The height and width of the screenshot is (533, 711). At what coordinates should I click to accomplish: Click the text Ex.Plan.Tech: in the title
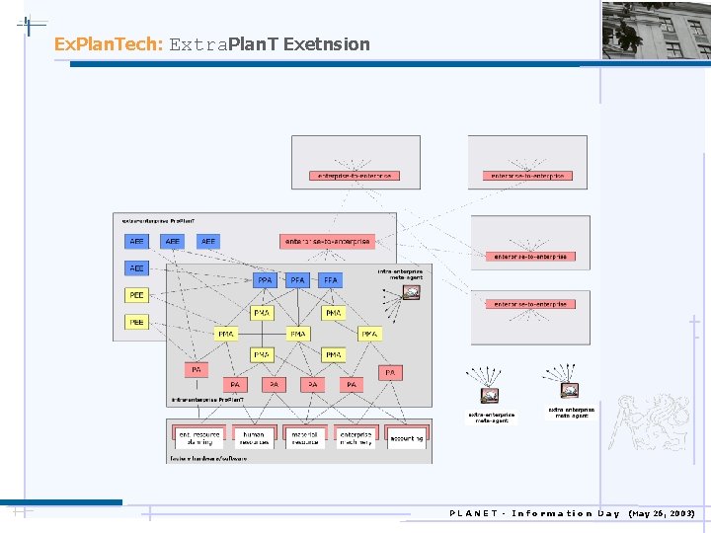[108, 44]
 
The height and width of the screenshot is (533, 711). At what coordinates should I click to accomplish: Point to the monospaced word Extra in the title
[197, 44]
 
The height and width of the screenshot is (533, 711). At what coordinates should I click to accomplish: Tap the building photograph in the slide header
[656, 30]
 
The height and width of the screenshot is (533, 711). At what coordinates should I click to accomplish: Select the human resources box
[254, 437]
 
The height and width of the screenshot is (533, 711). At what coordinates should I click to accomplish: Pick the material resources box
[305, 437]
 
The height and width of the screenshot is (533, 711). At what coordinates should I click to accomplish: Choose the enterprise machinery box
[355, 437]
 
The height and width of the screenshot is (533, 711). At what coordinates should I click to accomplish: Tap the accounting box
[406, 437]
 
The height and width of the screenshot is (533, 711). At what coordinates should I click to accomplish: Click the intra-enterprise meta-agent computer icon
[412, 291]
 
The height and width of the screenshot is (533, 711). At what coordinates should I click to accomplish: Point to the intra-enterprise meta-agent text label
[400, 273]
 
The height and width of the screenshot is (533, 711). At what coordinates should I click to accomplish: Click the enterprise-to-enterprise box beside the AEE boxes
[328, 241]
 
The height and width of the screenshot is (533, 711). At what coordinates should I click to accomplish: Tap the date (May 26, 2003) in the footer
[661, 513]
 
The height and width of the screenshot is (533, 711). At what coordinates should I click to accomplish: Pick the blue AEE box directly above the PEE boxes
[136, 268]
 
